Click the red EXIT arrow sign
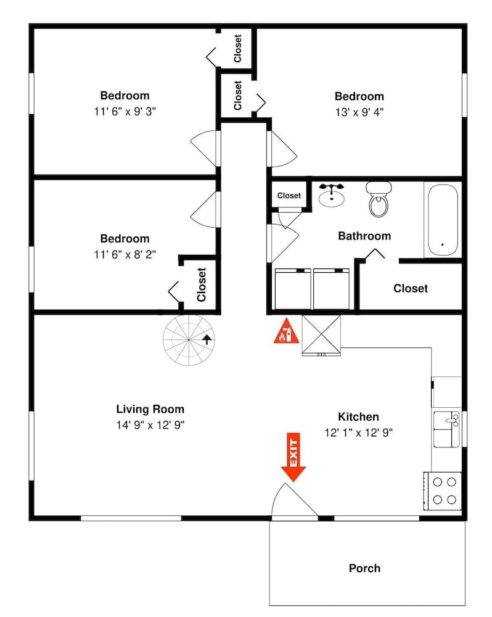(293, 457)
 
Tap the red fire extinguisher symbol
(284, 331)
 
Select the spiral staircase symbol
(187, 338)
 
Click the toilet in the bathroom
(378, 199)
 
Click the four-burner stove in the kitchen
(443, 491)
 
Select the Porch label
(364, 568)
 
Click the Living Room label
(150, 408)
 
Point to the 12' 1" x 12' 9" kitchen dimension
(358, 433)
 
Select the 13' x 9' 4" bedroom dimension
(359, 112)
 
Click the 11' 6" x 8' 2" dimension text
(125, 254)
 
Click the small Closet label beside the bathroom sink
(289, 196)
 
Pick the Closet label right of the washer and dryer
(410, 288)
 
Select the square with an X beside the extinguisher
(321, 335)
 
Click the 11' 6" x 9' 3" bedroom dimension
(125, 112)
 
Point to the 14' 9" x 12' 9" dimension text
(150, 424)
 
